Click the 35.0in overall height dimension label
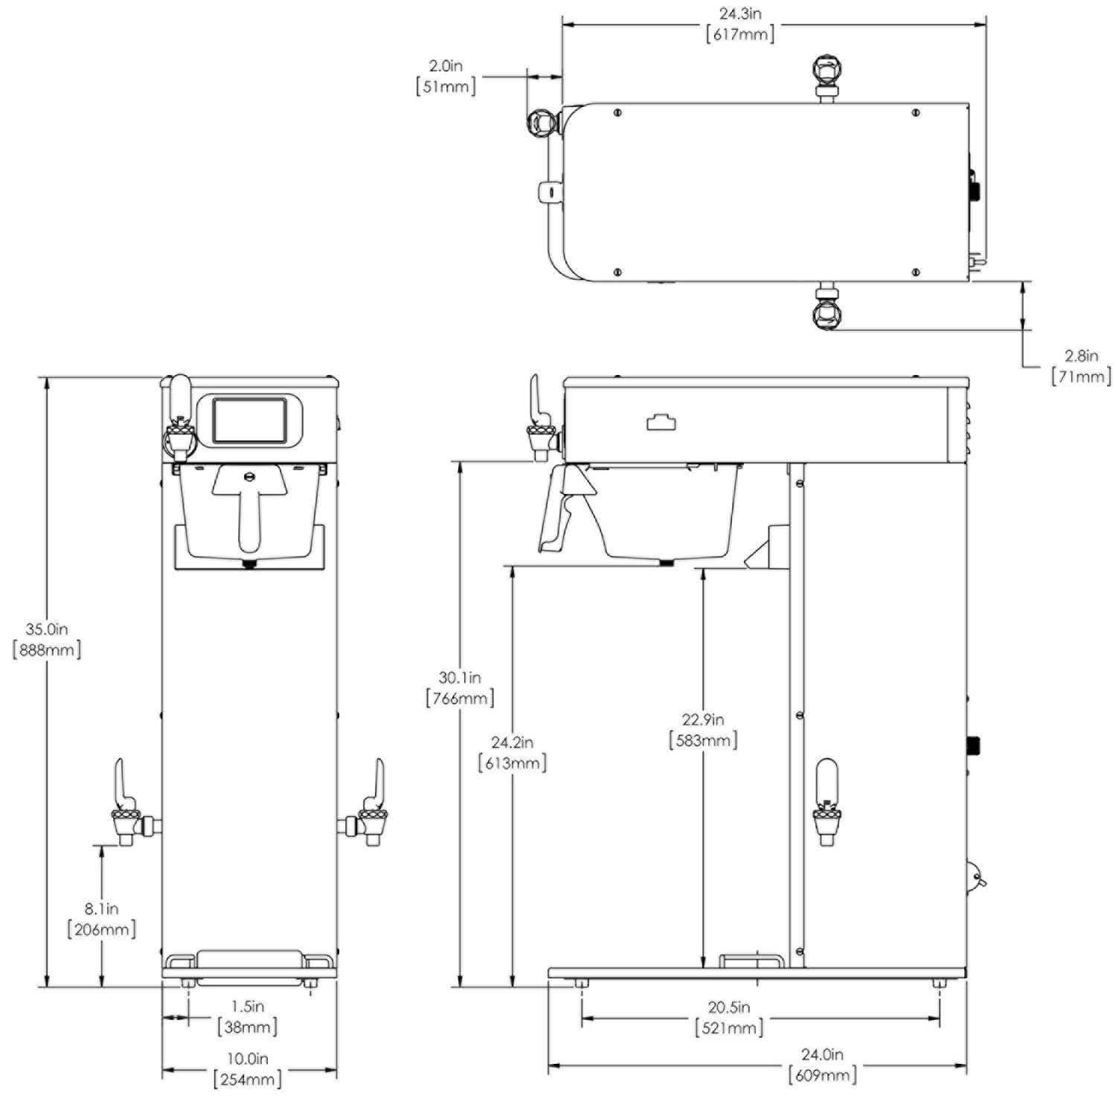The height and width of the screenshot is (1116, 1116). [x=47, y=639]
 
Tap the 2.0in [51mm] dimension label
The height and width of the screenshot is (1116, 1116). [x=446, y=77]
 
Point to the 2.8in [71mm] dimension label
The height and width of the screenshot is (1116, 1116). [x=1081, y=367]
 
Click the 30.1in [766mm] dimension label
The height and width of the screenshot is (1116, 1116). [x=460, y=688]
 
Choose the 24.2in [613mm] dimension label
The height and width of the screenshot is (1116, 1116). [x=512, y=752]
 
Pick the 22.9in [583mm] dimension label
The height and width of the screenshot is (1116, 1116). [x=703, y=730]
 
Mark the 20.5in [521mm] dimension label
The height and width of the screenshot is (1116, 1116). [x=729, y=1017]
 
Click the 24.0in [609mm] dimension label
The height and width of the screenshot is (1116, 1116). [x=822, y=1065]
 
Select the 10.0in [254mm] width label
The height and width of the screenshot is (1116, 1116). [x=248, y=1069]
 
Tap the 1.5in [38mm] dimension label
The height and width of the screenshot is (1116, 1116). [x=248, y=1016]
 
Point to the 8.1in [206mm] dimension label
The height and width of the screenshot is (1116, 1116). [x=102, y=919]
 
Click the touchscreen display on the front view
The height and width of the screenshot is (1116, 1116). [x=249, y=420]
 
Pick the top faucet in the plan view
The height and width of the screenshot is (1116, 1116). [x=827, y=75]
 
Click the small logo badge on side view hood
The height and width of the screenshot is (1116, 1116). [x=661, y=423]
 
